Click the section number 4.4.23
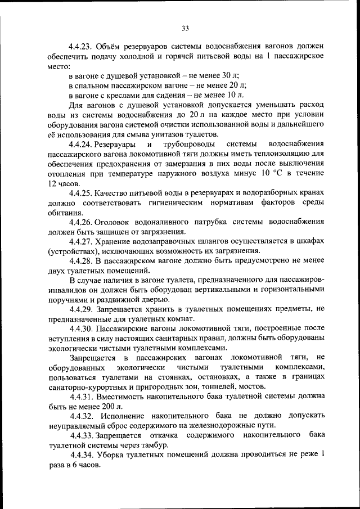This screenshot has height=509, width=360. coord(82,46)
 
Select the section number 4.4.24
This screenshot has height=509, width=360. coord(82,145)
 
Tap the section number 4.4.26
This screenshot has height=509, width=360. coord(82,222)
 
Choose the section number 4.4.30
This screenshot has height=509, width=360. coord(82,328)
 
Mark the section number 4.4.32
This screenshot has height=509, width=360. coord(82,416)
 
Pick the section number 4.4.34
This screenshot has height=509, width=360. coord(82,455)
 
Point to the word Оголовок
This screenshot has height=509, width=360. coord(117,222)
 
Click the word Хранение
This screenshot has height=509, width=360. coord(117,241)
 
